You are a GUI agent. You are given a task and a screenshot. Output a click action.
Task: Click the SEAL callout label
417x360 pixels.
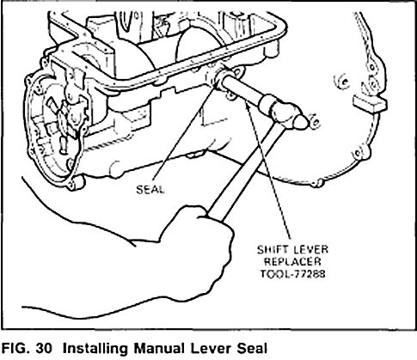tap(150, 190)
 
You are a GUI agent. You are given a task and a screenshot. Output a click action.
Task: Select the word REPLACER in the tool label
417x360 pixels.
tap(292, 262)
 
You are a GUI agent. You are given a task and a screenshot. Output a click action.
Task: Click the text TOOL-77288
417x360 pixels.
tap(292, 274)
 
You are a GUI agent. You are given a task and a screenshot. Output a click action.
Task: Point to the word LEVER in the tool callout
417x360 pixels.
tap(311, 250)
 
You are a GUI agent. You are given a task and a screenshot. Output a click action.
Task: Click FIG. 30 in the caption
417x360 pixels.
tap(28, 349)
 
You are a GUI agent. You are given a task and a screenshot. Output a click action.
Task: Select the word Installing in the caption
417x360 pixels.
tap(95, 349)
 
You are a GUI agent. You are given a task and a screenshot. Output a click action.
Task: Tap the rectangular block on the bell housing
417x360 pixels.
tap(370, 103)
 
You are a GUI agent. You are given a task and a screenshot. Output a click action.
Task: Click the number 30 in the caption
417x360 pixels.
tap(45, 349)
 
